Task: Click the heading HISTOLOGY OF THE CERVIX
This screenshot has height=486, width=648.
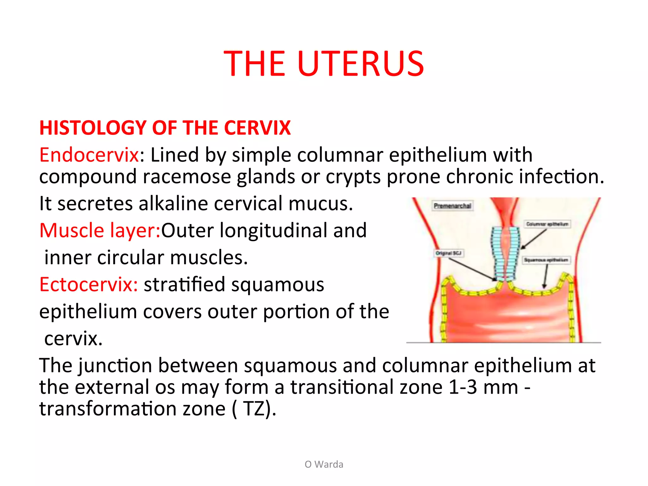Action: coord(165,128)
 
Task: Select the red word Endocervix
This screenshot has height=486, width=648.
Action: coord(89,155)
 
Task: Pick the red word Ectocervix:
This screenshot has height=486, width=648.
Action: coord(89,284)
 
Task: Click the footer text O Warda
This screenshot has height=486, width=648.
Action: coord(324,464)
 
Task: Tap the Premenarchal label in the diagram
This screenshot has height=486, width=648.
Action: coord(452,206)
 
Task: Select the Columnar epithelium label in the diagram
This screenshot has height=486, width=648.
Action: coord(547,224)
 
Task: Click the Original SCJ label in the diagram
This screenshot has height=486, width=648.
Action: coord(449,253)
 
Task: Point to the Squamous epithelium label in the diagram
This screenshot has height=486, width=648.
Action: coord(546,260)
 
